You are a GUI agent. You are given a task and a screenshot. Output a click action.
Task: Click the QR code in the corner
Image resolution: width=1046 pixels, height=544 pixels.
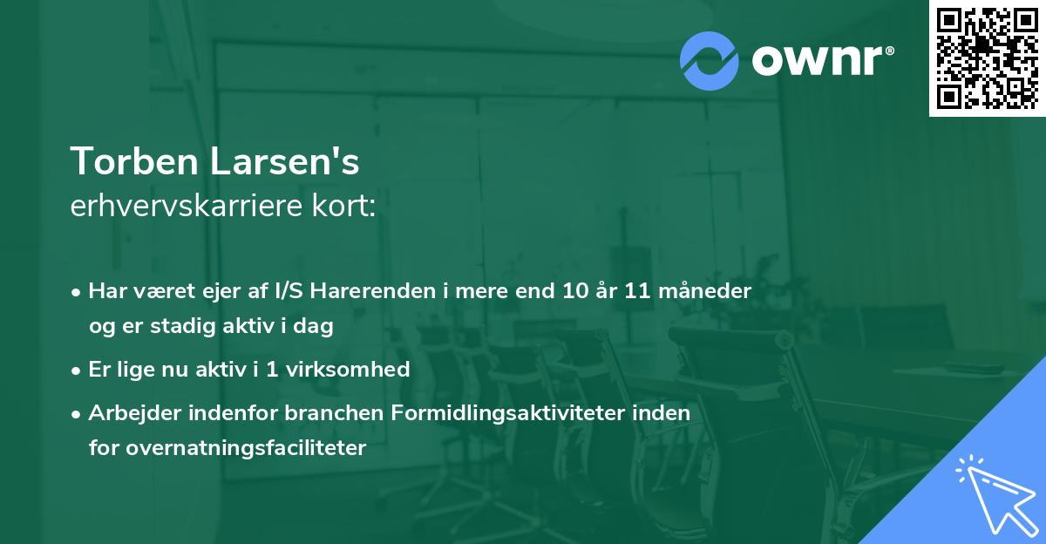[987, 58]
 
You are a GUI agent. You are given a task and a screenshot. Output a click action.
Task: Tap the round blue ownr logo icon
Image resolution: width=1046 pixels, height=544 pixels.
[710, 60]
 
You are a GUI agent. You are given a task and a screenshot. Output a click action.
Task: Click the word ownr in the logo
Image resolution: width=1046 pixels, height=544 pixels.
[819, 60]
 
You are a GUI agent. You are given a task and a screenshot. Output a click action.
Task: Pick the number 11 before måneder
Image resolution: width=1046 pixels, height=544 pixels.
[642, 291]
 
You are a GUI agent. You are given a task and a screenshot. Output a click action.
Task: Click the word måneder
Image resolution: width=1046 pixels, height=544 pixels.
[710, 291]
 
